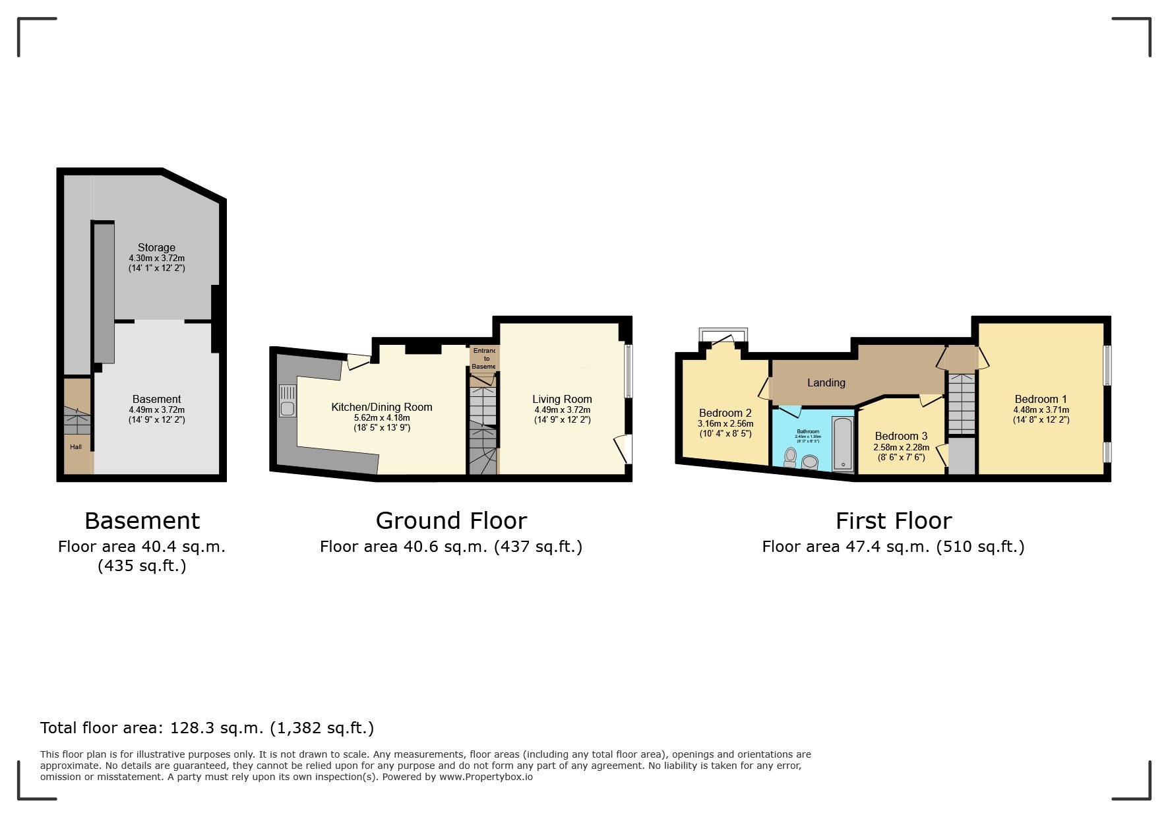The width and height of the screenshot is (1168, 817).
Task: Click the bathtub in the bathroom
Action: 843,444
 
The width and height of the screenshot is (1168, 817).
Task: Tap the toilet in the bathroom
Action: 790,457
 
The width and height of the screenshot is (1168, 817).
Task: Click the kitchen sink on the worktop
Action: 287,401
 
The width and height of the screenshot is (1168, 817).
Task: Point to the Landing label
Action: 826,382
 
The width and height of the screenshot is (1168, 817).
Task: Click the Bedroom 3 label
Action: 901,436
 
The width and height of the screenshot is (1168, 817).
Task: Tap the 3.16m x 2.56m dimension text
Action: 725,424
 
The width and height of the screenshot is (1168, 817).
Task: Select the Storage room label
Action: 156,247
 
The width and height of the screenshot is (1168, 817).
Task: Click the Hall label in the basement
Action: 76,447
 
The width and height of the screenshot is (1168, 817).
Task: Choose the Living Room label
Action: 562,399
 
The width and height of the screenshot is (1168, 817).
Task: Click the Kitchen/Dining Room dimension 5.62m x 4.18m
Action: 382,418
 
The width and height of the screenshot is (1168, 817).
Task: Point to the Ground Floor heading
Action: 451,521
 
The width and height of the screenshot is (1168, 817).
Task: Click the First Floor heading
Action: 893,521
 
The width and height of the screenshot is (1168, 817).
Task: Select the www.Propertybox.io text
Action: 486,777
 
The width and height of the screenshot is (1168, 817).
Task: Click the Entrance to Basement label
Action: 484,358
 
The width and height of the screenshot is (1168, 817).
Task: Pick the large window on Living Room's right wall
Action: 628,371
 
